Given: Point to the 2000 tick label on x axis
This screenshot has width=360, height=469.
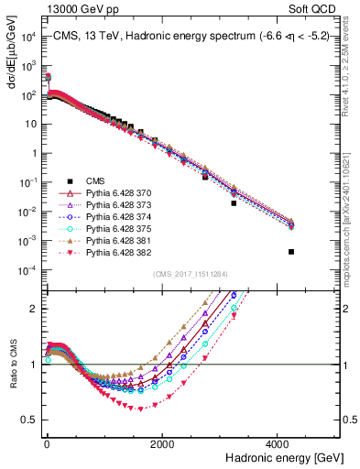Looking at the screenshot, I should click(x=161, y=444).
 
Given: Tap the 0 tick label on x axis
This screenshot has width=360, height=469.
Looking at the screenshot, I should click(x=46, y=444).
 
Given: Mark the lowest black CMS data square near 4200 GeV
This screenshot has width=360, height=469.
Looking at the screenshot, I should click(x=291, y=252).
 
